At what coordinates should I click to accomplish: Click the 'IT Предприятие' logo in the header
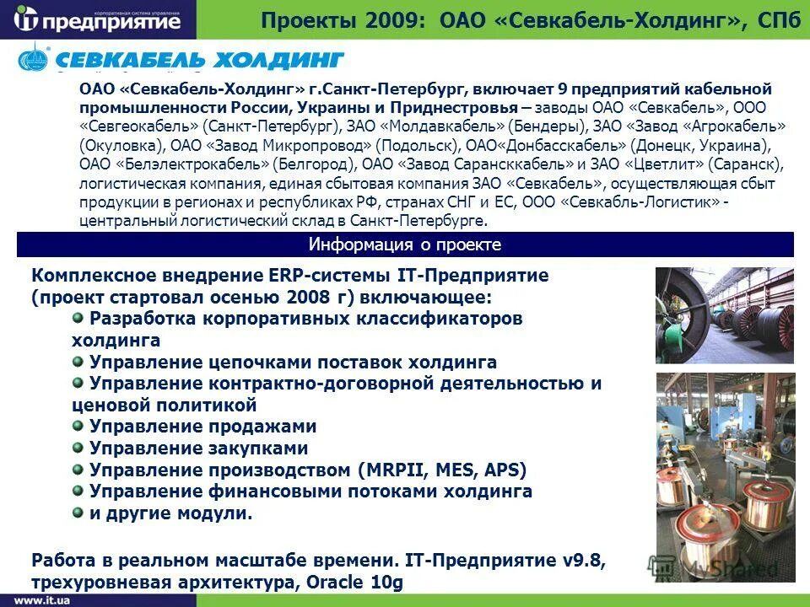[99, 19]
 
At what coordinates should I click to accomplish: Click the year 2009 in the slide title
[391, 19]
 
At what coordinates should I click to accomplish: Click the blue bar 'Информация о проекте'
[405, 244]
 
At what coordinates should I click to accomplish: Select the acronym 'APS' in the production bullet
[501, 470]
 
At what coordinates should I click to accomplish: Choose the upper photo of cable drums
[725, 315]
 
